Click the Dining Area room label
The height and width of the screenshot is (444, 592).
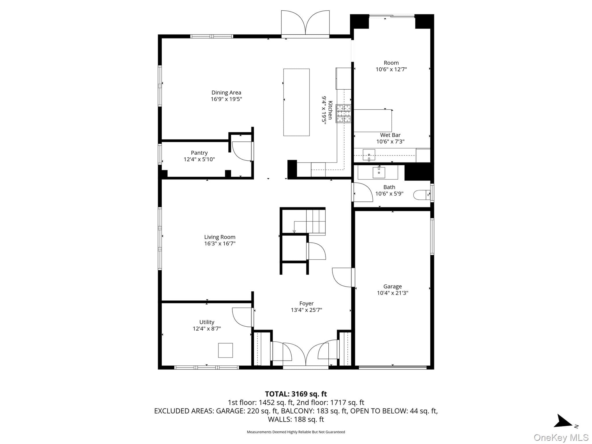(x=226, y=92)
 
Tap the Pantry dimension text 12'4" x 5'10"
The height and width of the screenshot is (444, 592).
(x=199, y=159)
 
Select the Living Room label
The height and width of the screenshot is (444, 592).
(x=220, y=237)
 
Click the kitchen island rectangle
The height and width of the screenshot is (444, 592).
(x=296, y=102)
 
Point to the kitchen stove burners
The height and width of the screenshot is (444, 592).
(x=343, y=113)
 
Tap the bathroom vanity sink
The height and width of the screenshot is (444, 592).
(x=379, y=173)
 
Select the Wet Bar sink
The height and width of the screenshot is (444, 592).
(x=369, y=155)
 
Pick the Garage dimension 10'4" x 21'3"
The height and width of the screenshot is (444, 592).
(x=393, y=293)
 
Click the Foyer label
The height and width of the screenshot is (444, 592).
(x=306, y=304)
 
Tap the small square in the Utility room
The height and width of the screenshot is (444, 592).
(x=225, y=350)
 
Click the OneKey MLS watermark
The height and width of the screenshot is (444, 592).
(x=561, y=438)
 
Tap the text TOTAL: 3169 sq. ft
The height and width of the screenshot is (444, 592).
(x=296, y=394)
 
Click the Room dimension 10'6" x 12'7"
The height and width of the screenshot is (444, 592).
(x=391, y=69)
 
